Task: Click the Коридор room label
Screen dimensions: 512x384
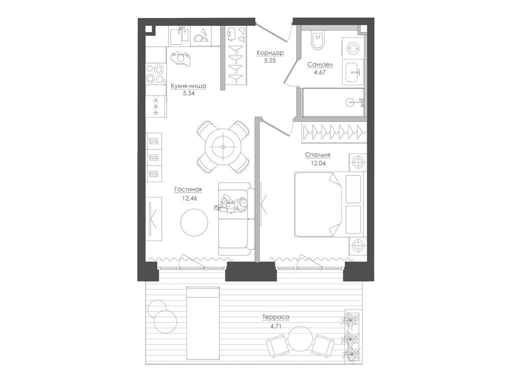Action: pyautogui.click(x=270, y=53)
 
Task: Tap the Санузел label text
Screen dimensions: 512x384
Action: pyautogui.click(x=320, y=65)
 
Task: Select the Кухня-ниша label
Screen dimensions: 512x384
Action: pyautogui.click(x=188, y=86)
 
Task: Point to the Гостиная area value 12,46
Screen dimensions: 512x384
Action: pyautogui.click(x=189, y=198)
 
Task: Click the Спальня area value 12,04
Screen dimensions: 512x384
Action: pyautogui.click(x=318, y=163)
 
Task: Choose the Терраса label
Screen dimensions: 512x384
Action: pyautogui.click(x=276, y=316)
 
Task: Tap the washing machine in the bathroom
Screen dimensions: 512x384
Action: pyautogui.click(x=353, y=48)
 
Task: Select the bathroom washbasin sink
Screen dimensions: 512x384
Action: pyautogui.click(x=353, y=72)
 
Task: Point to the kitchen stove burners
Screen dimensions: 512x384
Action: pyautogui.click(x=154, y=73)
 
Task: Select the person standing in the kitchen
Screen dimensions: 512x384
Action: pyautogui.click(x=180, y=59)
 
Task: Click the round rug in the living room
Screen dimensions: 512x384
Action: pyautogui.click(x=194, y=222)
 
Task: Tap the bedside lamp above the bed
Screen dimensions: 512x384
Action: pyautogui.click(x=358, y=162)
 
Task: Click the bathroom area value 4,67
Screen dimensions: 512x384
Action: pyautogui.click(x=320, y=73)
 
